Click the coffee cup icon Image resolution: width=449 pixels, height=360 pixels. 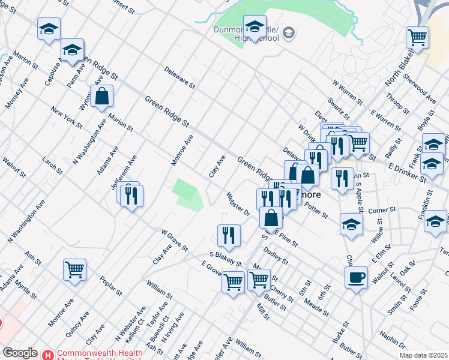(x=357, y=277)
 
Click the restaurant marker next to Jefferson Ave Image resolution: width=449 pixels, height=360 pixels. (x=131, y=195)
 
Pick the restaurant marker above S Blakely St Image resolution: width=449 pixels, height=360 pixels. (x=228, y=235)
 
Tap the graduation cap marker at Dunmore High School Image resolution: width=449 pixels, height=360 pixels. (x=255, y=26)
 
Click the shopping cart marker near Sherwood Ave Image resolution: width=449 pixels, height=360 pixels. (x=417, y=37)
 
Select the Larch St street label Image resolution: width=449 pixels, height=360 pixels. (x=52, y=166)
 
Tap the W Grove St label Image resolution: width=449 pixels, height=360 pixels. (x=175, y=240)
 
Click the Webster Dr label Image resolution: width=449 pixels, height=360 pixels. (x=238, y=203)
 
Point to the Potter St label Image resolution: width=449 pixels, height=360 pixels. (x=316, y=210)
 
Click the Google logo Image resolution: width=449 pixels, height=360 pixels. (x=20, y=353)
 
